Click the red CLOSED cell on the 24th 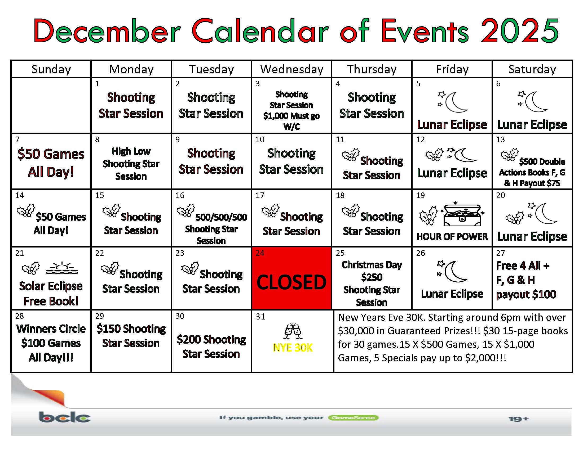[x=291, y=278]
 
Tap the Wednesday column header [x=292, y=69]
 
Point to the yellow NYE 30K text [x=293, y=348]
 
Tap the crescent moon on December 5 [x=456, y=102]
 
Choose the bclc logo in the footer [x=64, y=417]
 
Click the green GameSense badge [x=354, y=418]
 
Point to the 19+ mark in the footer [x=518, y=419]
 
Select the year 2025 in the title [x=520, y=31]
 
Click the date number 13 [x=500, y=139]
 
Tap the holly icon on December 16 [x=186, y=211]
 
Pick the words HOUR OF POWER [x=452, y=237]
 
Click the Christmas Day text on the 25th [x=372, y=265]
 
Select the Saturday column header [x=532, y=69]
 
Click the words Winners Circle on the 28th [x=51, y=329]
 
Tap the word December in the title [x=107, y=31]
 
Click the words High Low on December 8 [x=131, y=151]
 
